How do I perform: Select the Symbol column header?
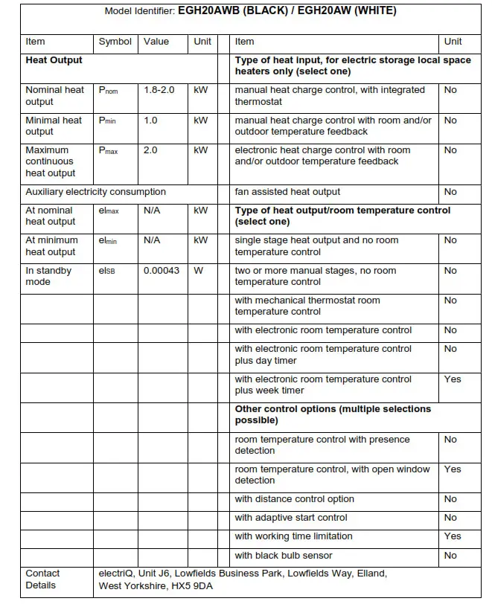[x=115, y=42]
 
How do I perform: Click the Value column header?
[x=156, y=42]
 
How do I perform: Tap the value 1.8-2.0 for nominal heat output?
[x=159, y=90]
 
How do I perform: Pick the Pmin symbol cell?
[x=108, y=121]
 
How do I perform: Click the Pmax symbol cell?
[x=109, y=150]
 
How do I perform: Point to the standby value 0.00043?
[x=161, y=271]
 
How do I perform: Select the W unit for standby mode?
[x=199, y=271]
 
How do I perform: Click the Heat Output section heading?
[x=54, y=60]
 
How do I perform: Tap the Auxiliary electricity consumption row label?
[x=95, y=192]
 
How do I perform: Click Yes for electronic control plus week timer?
[x=453, y=379]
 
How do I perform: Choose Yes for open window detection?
[x=453, y=469]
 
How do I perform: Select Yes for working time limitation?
[x=453, y=536]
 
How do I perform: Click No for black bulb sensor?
[x=450, y=556]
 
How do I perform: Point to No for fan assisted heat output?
[x=450, y=192]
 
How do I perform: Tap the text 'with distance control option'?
[x=294, y=499]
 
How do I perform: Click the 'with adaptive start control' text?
[x=290, y=518]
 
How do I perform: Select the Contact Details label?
[x=42, y=579]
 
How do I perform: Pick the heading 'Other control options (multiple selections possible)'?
[x=333, y=415]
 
